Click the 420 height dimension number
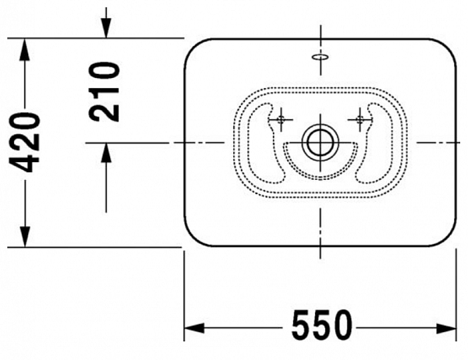tap(26, 142)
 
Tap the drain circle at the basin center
tap(320, 143)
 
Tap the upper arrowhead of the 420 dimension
tap(26, 48)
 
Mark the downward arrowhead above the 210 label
tap(106, 29)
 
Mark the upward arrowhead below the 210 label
tap(106, 154)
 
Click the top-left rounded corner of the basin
tap(193, 48)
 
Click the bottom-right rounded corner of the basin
tap(447, 237)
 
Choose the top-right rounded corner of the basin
tap(447, 48)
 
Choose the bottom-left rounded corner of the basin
tap(193, 237)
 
